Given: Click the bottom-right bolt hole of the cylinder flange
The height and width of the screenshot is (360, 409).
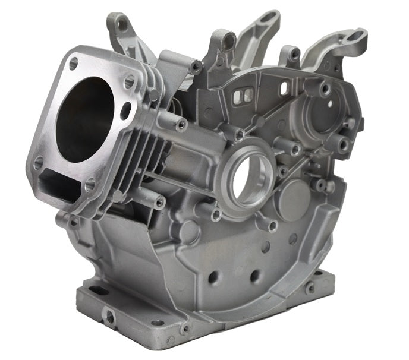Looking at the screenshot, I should [90, 185].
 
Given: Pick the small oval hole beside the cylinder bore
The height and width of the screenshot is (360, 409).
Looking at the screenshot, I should [126, 110].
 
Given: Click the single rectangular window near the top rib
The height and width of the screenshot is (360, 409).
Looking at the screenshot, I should [284, 89].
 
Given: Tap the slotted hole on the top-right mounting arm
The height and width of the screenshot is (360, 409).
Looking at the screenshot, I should [356, 36].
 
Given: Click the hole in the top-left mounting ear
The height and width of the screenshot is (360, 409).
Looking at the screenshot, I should [122, 25].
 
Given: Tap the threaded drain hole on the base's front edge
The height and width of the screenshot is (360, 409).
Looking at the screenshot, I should [109, 317].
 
